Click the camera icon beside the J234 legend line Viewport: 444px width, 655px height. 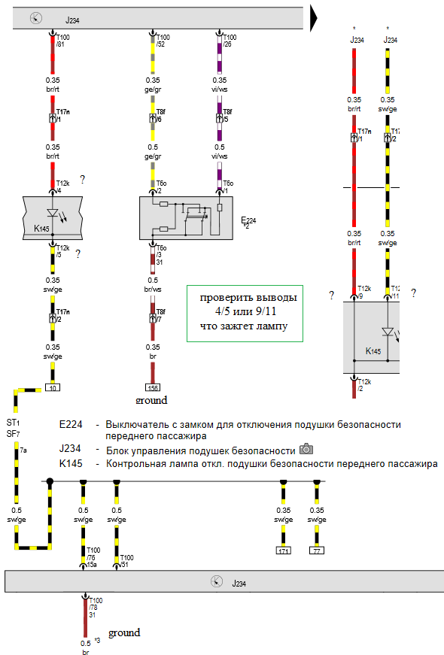(306, 449)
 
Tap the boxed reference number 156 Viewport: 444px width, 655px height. (153, 387)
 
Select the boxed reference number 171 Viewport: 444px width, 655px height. (284, 550)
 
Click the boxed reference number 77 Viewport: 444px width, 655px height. (317, 550)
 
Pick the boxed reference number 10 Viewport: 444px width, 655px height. (53, 387)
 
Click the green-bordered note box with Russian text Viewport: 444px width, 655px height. (245, 314)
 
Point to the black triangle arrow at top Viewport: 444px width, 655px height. (314, 18)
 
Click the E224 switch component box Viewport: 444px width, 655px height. (186, 218)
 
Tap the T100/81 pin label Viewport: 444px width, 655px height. (62, 41)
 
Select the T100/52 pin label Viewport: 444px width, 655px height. (163, 41)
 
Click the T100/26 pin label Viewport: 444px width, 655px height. (230, 41)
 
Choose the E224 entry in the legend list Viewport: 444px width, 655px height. (71, 424)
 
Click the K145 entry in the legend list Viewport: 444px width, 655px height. (71, 464)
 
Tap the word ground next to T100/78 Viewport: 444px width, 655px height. (124, 633)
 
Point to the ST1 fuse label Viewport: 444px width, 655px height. (13, 423)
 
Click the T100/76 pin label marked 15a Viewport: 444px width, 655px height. (93, 557)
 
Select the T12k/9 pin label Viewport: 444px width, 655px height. (364, 292)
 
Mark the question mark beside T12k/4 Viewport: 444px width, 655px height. (82, 180)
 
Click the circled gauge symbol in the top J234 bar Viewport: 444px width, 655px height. (36, 18)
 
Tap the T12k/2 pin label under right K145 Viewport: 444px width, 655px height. (364, 385)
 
